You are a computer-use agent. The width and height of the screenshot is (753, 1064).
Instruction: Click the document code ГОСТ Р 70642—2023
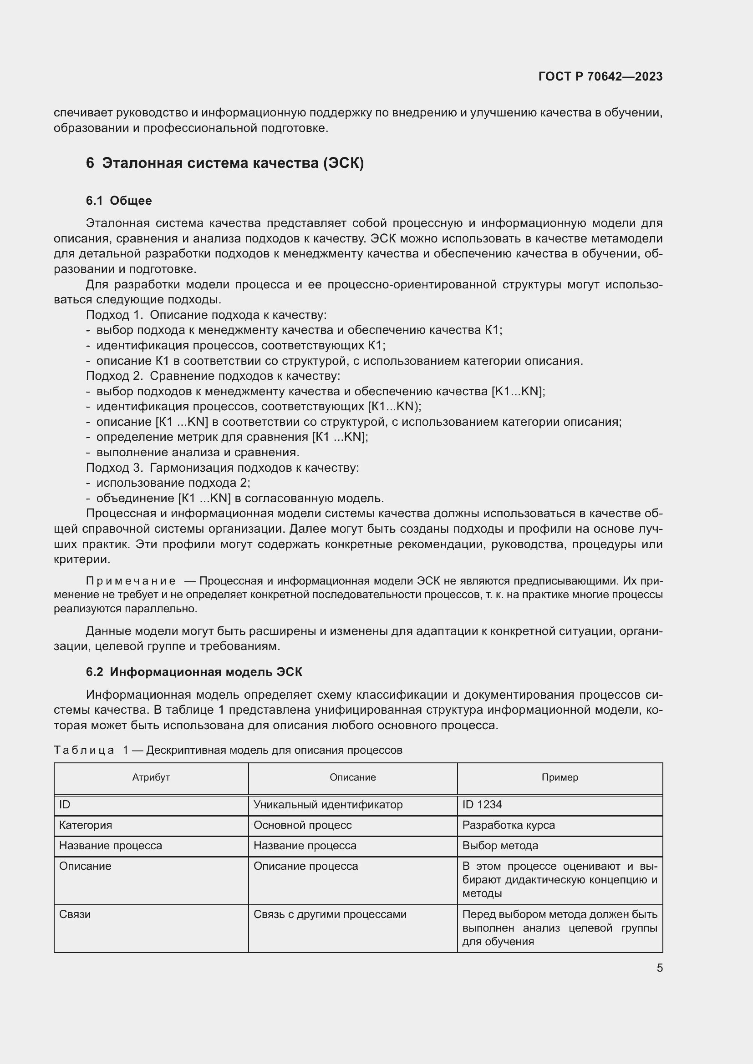(x=600, y=76)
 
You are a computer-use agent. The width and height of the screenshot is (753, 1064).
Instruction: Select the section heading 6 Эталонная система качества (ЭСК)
(x=225, y=163)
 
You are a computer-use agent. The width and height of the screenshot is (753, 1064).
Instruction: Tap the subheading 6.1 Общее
(x=119, y=201)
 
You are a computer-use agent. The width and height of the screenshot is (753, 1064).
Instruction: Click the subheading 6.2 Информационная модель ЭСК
(x=194, y=672)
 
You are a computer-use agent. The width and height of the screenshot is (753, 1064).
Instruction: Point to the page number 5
(x=659, y=968)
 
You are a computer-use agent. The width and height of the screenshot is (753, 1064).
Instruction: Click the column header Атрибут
(x=151, y=777)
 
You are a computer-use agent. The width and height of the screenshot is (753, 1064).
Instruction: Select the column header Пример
(x=559, y=777)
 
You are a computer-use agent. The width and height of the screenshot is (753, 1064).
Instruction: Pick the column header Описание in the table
(x=352, y=777)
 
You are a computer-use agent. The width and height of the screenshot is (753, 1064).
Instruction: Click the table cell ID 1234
(x=482, y=805)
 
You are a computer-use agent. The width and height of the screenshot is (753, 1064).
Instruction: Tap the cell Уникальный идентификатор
(x=328, y=805)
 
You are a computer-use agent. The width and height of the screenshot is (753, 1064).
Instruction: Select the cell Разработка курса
(x=508, y=825)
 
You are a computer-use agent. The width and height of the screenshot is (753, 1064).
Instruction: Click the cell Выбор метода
(x=500, y=845)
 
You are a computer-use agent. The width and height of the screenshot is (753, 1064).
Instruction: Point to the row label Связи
(x=75, y=914)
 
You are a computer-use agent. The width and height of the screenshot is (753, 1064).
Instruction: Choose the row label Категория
(x=85, y=825)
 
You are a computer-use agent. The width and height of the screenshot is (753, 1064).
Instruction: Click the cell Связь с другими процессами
(x=330, y=914)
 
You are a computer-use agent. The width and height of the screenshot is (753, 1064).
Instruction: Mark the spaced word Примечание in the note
(x=130, y=581)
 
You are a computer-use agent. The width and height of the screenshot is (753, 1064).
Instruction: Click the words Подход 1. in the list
(x=114, y=315)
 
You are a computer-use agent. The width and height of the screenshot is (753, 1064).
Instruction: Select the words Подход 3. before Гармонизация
(x=114, y=468)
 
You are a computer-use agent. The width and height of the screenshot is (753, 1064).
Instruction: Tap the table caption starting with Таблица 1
(x=228, y=750)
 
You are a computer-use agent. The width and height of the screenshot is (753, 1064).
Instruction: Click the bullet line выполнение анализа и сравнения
(x=197, y=452)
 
